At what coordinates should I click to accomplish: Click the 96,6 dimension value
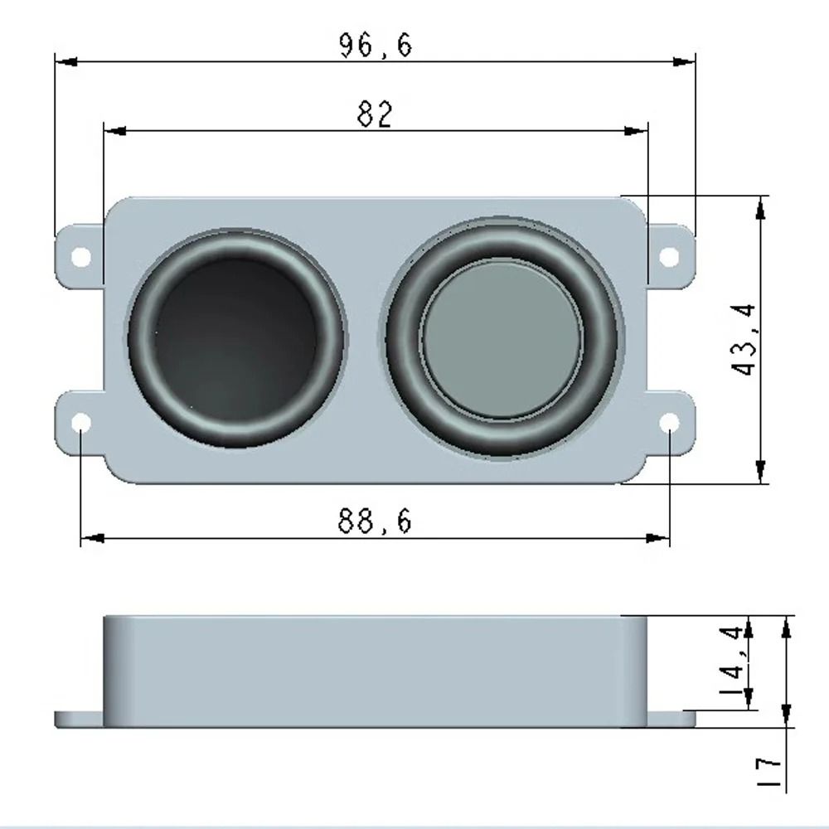(375, 46)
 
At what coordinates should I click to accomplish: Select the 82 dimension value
(374, 114)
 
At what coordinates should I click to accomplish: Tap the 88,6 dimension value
(374, 522)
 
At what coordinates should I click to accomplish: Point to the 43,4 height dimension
(745, 339)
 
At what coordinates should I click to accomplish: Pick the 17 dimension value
(770, 772)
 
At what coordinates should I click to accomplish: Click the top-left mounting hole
(80, 256)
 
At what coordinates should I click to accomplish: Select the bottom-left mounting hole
(80, 424)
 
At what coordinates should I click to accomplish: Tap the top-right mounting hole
(669, 256)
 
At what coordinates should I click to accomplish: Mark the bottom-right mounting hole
(669, 424)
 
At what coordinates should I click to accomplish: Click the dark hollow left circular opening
(236, 339)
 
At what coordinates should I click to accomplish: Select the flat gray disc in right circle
(502, 339)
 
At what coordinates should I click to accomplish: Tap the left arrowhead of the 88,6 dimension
(92, 538)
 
